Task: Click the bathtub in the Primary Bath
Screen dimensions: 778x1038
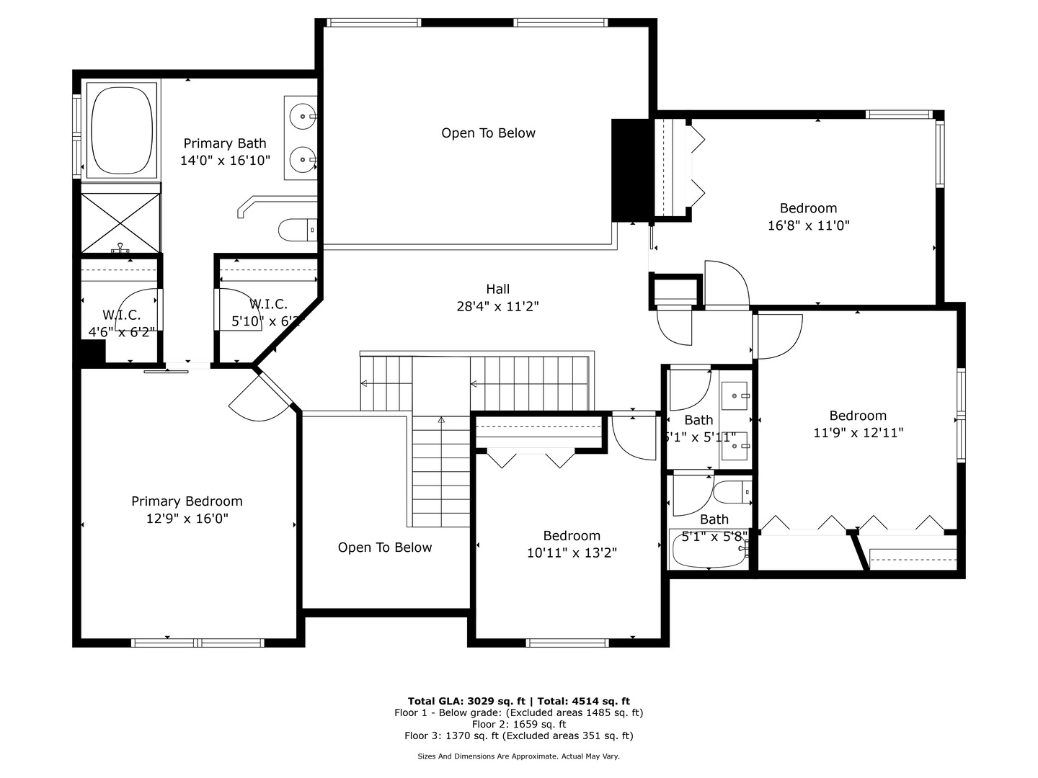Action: click(121, 130)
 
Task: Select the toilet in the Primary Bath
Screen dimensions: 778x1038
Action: click(296, 231)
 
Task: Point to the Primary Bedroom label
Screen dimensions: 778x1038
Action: click(187, 501)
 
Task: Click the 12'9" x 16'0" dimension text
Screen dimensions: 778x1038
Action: click(187, 519)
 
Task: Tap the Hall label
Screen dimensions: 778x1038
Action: click(497, 289)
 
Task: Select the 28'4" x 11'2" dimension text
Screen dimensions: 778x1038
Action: click(497, 306)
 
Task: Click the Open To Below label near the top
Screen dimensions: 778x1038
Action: click(488, 133)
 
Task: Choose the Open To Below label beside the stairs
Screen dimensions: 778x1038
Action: click(385, 547)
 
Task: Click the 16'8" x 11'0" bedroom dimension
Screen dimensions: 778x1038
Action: click(808, 225)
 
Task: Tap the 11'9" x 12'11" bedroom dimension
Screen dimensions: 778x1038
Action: click(858, 433)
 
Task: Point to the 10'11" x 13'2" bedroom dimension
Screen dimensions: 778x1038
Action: click(572, 553)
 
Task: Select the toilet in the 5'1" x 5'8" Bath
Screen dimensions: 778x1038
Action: click(732, 493)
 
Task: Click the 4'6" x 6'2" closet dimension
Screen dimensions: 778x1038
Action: click(121, 332)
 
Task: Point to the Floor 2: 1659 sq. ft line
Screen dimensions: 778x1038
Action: click(519, 724)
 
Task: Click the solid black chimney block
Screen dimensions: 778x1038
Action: click(629, 170)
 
